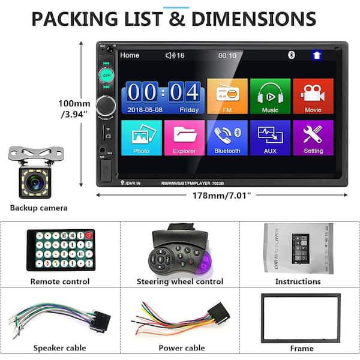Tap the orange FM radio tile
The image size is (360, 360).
click(x=227, y=96)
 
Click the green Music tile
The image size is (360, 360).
click(x=270, y=96)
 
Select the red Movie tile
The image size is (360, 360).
click(x=313, y=96)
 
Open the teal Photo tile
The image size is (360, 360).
click(x=141, y=137)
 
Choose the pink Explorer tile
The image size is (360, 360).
click(x=184, y=137)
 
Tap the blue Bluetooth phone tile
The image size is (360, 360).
click(x=227, y=137)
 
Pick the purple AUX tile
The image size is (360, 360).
click(x=270, y=137)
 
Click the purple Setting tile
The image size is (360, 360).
click(x=313, y=137)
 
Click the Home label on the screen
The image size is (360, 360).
click(x=130, y=55)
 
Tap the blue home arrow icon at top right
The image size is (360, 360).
click(x=316, y=55)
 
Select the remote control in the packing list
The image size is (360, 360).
click(x=60, y=250)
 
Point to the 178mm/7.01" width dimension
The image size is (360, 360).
click(x=222, y=195)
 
